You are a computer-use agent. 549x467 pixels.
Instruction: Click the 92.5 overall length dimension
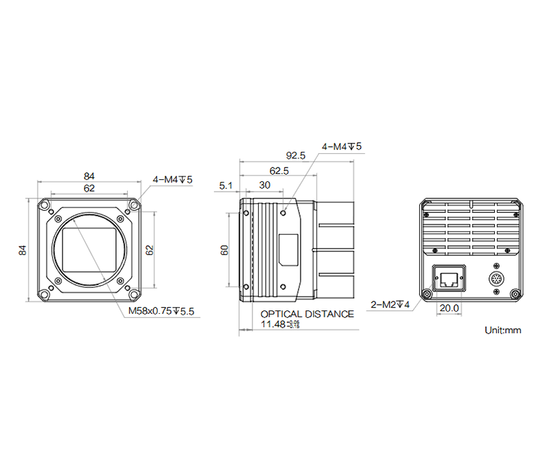(296, 156)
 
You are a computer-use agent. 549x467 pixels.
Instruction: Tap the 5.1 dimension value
(226, 185)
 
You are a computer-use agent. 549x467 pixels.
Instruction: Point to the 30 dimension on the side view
(264, 185)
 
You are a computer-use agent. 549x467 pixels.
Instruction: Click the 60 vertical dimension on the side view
(224, 251)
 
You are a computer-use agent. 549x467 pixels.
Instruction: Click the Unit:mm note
(502, 330)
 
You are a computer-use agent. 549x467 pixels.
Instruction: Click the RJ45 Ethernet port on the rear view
(449, 280)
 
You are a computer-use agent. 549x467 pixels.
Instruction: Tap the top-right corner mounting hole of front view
(135, 206)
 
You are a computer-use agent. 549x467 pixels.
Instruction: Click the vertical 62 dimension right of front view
(150, 250)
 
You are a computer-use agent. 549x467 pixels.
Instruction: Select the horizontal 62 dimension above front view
(89, 187)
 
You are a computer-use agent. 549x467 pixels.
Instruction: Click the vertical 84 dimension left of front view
(23, 250)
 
